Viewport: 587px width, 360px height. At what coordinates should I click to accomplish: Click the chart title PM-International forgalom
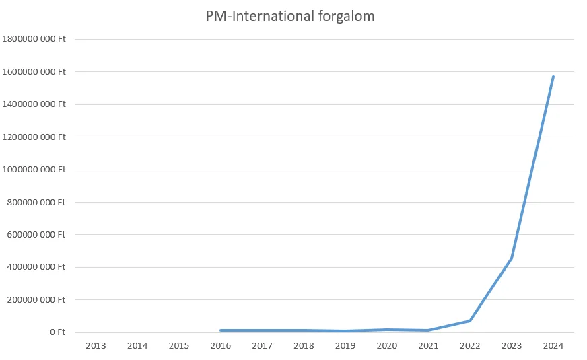click(290, 17)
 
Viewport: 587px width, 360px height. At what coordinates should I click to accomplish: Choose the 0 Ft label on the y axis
click(56, 332)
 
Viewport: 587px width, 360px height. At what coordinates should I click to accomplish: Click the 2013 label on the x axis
click(96, 345)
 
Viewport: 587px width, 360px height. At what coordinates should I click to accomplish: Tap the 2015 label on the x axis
click(179, 345)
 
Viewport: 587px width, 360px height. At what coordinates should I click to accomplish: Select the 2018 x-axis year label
click(304, 345)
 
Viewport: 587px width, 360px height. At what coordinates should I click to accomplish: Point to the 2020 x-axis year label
click(387, 345)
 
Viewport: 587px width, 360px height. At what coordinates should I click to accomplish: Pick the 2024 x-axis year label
click(553, 345)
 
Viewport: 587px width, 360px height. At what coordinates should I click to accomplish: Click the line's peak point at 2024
click(553, 77)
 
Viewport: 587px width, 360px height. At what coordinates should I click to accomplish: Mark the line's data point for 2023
click(512, 258)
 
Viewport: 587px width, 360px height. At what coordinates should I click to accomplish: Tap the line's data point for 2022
click(470, 320)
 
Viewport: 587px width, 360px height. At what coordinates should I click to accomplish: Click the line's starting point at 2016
click(221, 330)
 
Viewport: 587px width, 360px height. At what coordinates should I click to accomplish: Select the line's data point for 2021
click(428, 330)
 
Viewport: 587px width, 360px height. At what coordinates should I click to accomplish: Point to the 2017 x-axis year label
click(263, 345)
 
